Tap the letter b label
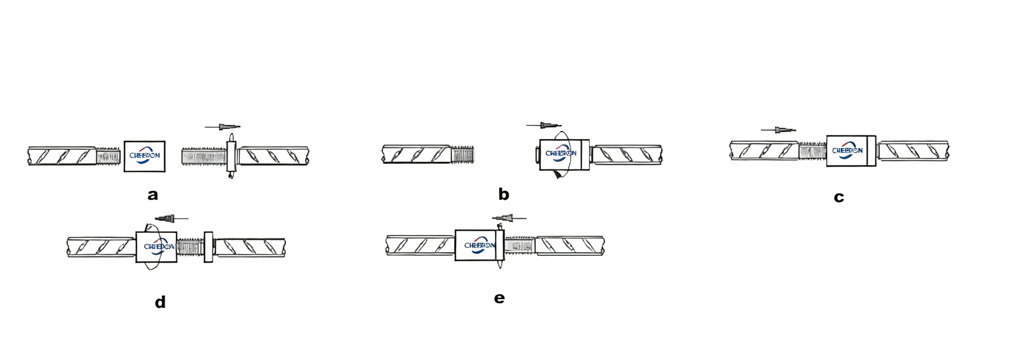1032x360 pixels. click(503, 195)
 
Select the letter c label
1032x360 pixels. click(838, 197)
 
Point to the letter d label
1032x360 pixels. click(160, 303)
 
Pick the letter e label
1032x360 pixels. click(500, 298)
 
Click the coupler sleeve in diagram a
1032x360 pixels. click(145, 156)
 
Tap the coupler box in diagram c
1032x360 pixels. click(847, 151)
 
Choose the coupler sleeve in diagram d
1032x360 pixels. click(157, 247)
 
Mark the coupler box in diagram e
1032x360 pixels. click(476, 246)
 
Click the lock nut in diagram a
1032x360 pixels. click(231, 156)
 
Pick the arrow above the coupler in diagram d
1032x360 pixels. click(168, 219)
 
